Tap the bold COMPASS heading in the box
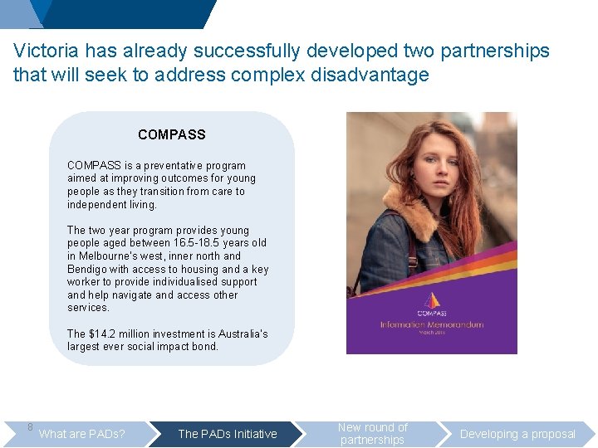click(172, 134)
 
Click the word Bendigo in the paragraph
click(87, 269)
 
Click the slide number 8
click(30, 427)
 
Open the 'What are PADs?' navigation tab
click(82, 434)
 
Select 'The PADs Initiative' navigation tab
click(228, 434)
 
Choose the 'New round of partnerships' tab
click(373, 434)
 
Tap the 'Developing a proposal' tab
click(517, 434)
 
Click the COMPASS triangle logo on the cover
click(430, 300)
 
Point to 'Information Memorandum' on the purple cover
click(431, 324)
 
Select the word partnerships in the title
click(495, 51)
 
